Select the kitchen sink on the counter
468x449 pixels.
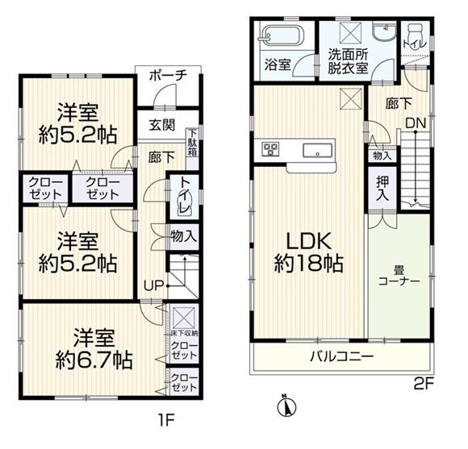tap(318, 151)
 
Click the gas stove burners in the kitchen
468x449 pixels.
tap(270, 149)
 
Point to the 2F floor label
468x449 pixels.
tap(423, 385)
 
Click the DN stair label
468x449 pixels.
tap(416, 123)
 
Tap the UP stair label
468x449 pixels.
tap(154, 286)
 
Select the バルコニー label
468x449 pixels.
tap(342, 356)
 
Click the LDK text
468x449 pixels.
tap(308, 241)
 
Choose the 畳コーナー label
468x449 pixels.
tap(399, 276)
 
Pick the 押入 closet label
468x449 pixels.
tap(382, 188)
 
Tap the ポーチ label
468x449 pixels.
tap(168, 76)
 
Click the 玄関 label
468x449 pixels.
tap(161, 125)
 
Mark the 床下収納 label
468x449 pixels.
tap(184, 334)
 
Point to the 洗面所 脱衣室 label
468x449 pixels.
tap(348, 61)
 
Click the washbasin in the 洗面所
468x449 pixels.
tap(385, 33)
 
